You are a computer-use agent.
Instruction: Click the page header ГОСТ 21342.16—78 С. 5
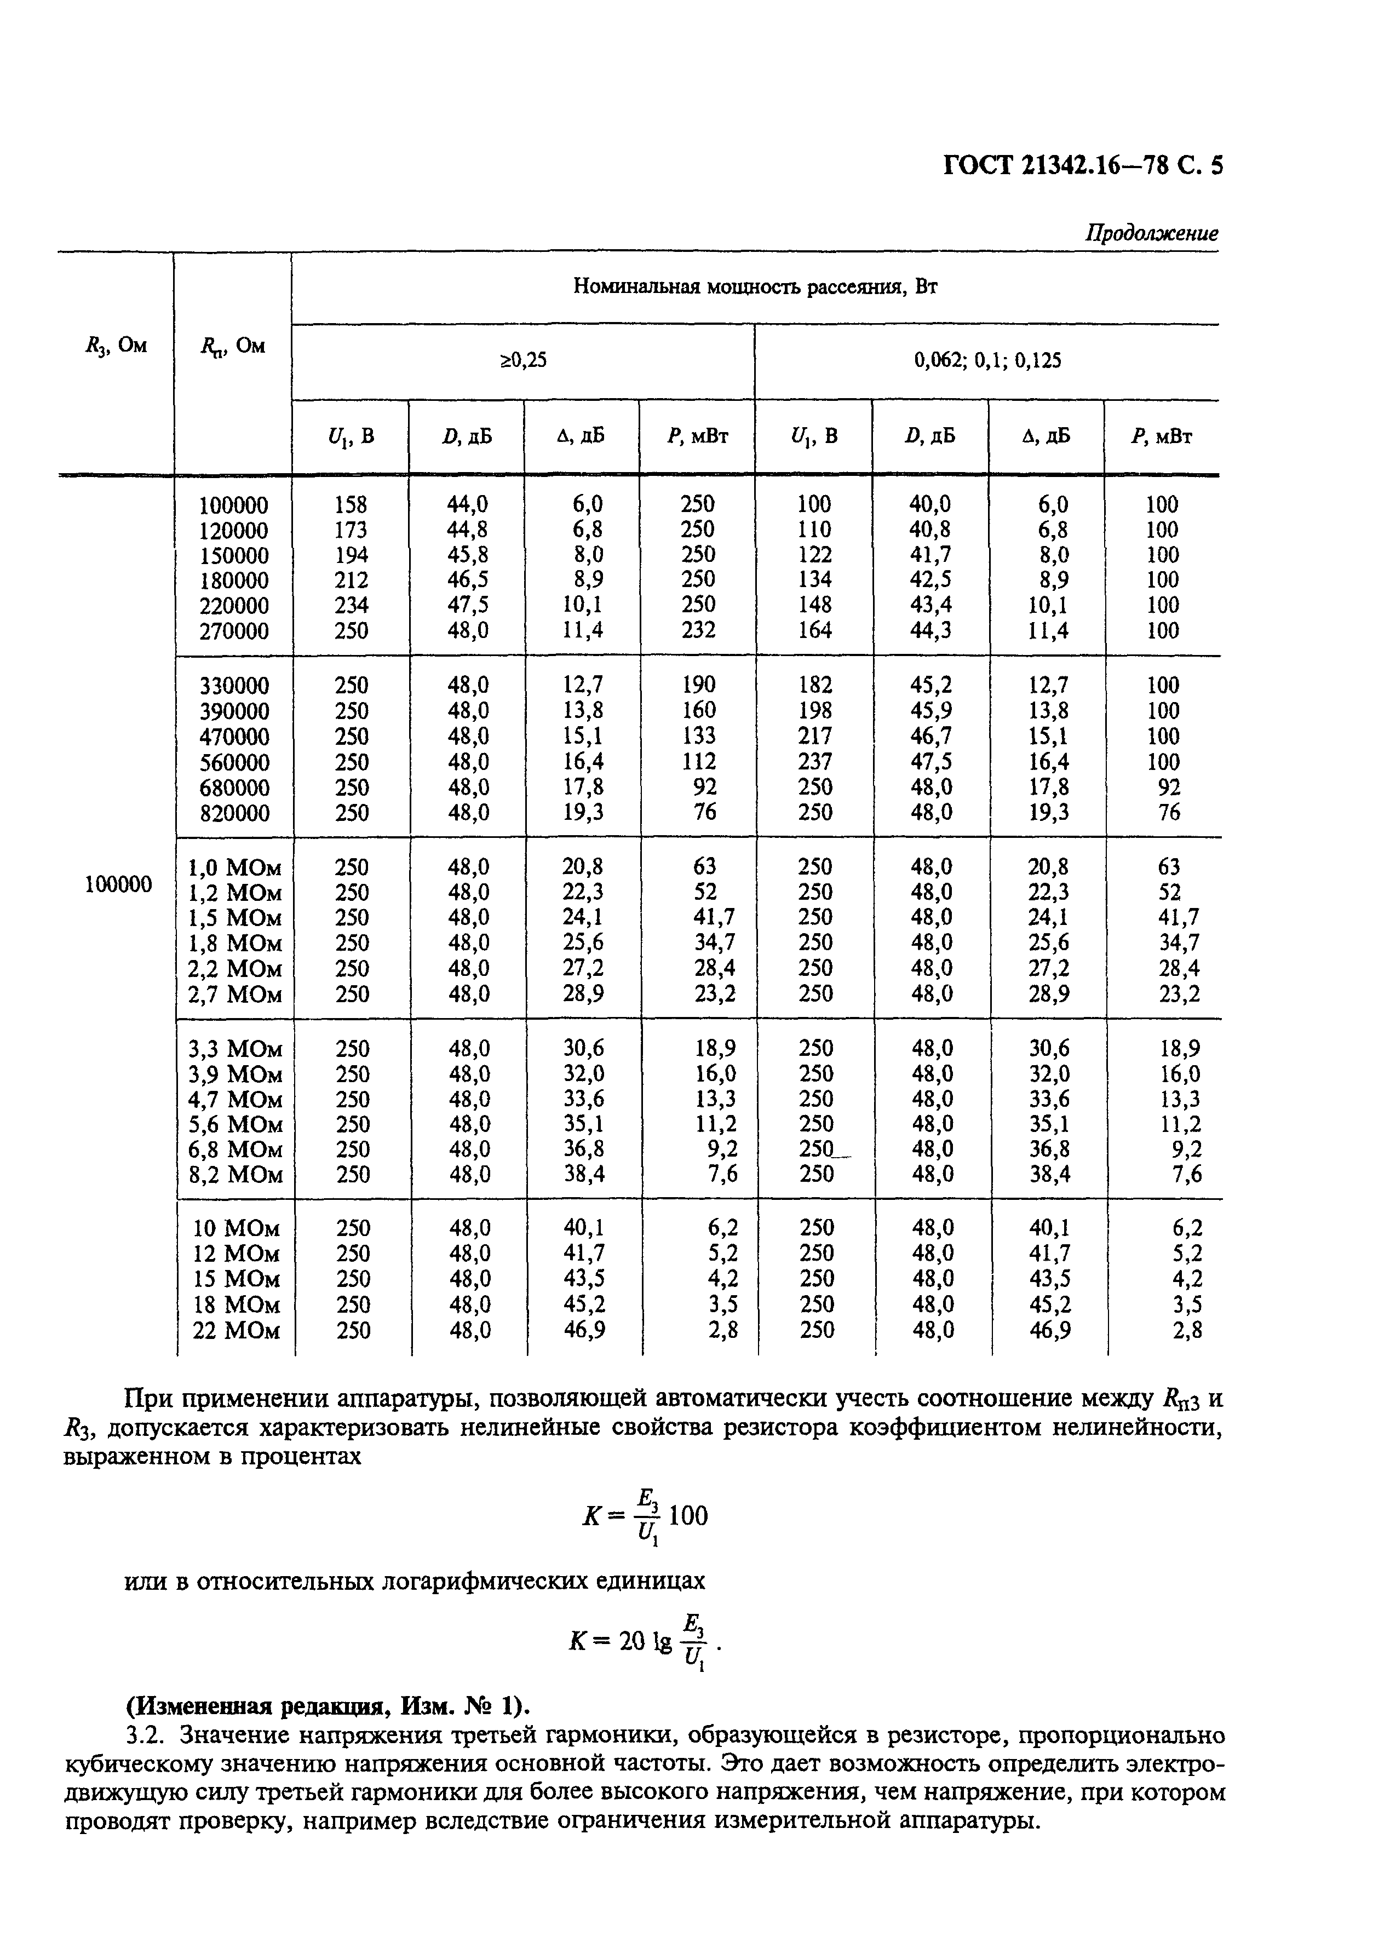pos(1082,165)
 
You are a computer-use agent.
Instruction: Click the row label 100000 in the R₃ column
pos(118,884)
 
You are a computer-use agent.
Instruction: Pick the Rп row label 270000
pos(233,631)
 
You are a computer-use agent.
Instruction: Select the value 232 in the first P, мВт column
pos(698,630)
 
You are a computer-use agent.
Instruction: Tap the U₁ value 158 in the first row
pos(351,504)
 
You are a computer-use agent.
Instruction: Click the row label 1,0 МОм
pos(234,867)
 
